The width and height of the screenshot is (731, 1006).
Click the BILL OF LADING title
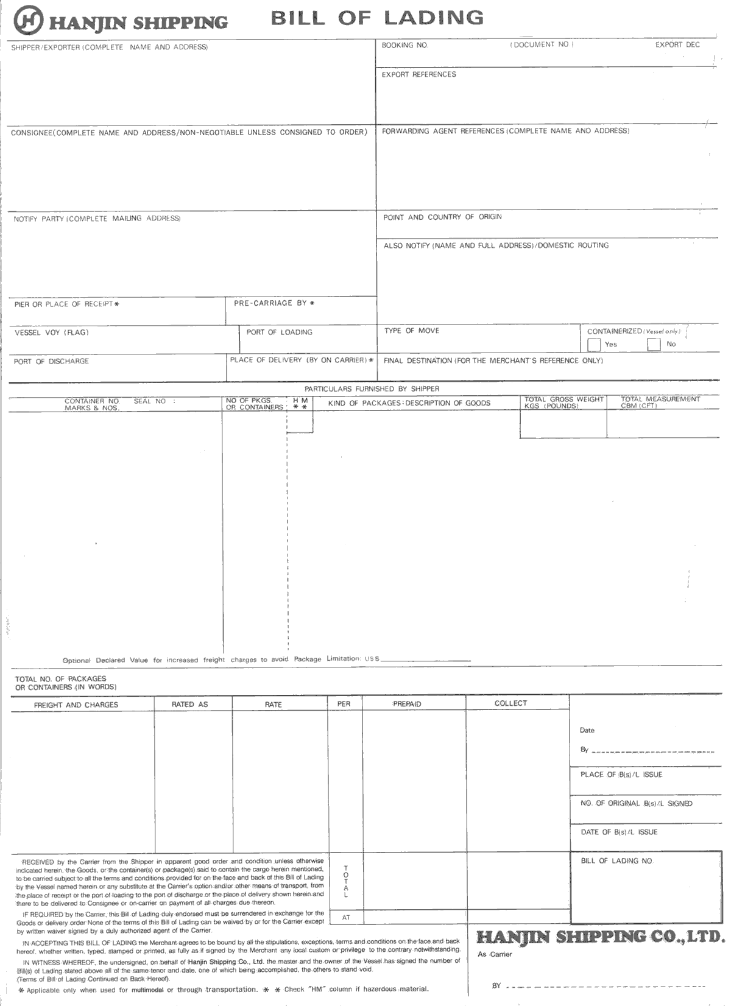click(x=377, y=18)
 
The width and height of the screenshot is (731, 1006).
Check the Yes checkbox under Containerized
click(x=594, y=345)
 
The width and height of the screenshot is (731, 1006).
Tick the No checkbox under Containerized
click(x=654, y=345)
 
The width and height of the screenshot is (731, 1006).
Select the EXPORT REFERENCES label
click(x=418, y=74)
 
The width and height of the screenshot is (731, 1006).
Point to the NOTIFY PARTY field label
click(x=97, y=219)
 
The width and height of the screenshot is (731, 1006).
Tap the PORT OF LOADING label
click(x=279, y=332)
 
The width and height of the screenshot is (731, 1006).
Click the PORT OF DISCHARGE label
click(x=51, y=362)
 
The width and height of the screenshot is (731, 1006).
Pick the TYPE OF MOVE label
click(x=411, y=331)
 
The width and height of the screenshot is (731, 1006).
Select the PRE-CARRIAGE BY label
click(x=274, y=303)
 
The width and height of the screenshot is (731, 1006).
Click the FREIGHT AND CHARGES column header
click(x=76, y=705)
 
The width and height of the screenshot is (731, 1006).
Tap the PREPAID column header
click(x=407, y=704)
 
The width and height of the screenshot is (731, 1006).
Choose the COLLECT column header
click(x=510, y=703)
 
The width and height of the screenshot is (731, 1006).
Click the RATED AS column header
click(x=189, y=705)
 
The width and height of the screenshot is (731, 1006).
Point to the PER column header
click(x=344, y=704)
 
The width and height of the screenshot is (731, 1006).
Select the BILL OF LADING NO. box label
click(x=616, y=861)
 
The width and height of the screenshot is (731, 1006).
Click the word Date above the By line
click(x=587, y=730)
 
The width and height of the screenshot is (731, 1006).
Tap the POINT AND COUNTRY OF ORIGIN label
click(x=442, y=217)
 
